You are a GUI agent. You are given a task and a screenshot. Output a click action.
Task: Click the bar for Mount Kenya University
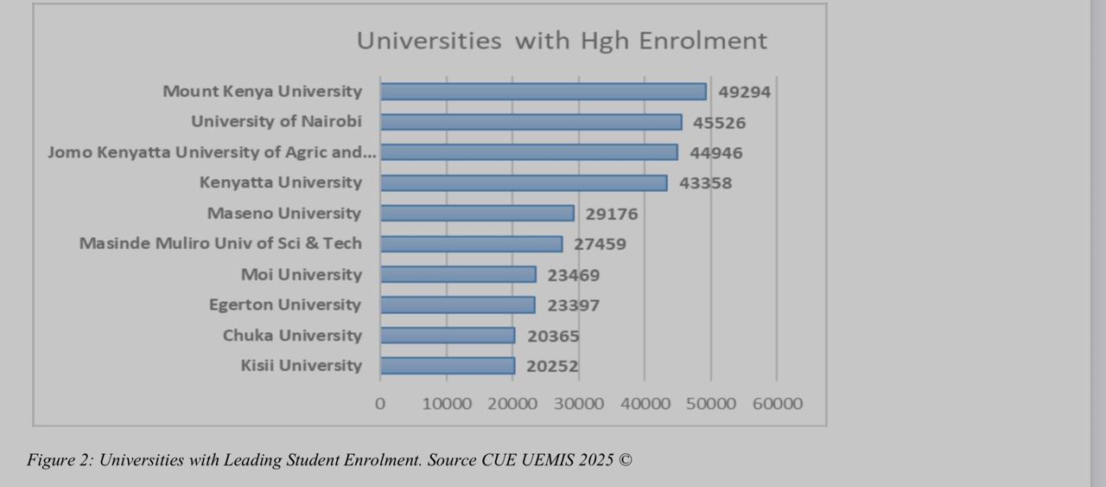pyautogui.click(x=543, y=92)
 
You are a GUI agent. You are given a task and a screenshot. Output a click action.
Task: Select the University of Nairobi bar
pyautogui.click(x=531, y=122)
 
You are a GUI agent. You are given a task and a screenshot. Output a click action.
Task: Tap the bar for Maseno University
pyautogui.click(x=478, y=213)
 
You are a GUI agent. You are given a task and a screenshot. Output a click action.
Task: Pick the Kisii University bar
pyautogui.click(x=448, y=366)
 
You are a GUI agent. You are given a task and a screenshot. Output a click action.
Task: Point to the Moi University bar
pyautogui.click(x=458, y=274)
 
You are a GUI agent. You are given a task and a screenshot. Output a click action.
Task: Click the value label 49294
pyautogui.click(x=744, y=92)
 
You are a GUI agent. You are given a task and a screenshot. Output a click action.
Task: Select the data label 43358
pyautogui.click(x=706, y=183)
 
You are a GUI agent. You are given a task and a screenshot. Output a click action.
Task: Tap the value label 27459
pyautogui.click(x=600, y=244)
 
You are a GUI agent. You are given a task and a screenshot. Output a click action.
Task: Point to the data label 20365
pyautogui.click(x=553, y=336)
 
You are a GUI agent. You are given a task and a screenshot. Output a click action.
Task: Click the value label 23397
pyautogui.click(x=573, y=305)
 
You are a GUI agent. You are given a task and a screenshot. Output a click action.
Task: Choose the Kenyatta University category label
pyautogui.click(x=281, y=183)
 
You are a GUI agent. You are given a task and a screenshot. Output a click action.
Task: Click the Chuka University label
pyautogui.click(x=292, y=336)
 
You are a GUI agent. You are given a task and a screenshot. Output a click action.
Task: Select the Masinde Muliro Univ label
pyautogui.click(x=220, y=243)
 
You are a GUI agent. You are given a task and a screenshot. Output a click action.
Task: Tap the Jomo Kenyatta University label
pyautogui.click(x=212, y=152)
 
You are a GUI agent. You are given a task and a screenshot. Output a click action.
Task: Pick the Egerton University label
pyautogui.click(x=285, y=305)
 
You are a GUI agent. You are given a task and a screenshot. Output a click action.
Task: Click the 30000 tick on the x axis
pyautogui.click(x=579, y=404)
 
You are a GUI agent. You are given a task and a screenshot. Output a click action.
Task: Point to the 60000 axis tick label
pyautogui.click(x=778, y=404)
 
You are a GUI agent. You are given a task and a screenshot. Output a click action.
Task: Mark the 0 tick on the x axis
pyautogui.click(x=379, y=404)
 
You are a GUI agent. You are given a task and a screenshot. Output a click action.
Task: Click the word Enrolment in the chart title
pyautogui.click(x=703, y=41)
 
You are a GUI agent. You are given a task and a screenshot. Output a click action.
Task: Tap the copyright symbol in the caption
pyautogui.click(x=625, y=460)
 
